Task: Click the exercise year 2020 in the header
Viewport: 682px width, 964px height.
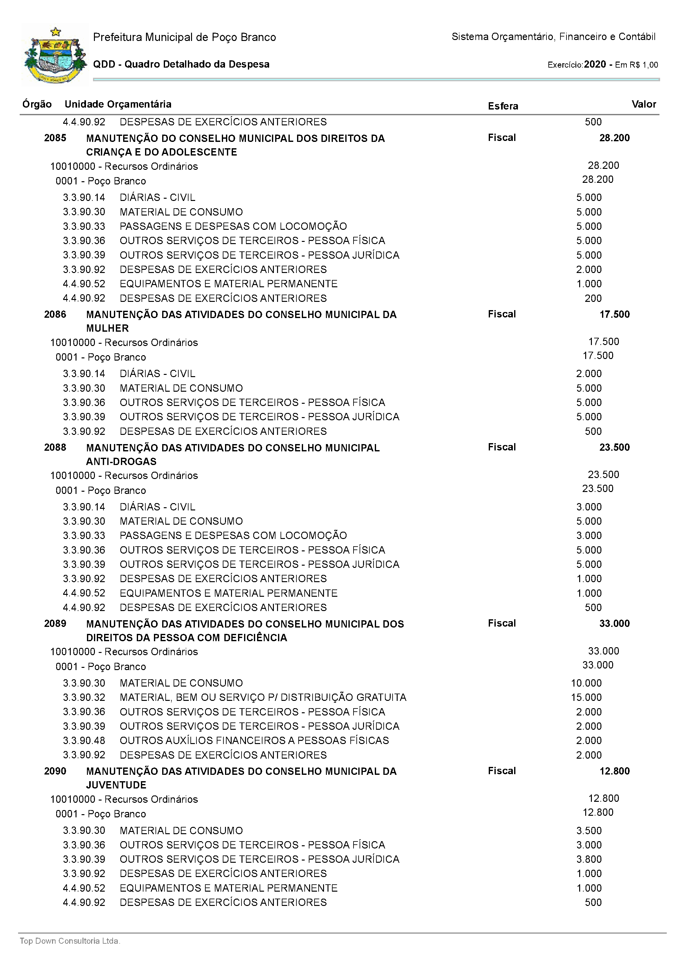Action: tap(595, 64)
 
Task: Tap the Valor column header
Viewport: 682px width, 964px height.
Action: tap(643, 104)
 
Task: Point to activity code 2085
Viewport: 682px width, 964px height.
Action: tap(55, 138)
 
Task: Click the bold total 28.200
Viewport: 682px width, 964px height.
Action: tap(614, 138)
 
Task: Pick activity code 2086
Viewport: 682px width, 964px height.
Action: tap(55, 314)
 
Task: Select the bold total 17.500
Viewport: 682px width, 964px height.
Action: tap(614, 314)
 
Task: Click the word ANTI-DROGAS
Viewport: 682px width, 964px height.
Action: tap(121, 461)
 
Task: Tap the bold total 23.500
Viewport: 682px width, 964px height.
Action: tap(614, 447)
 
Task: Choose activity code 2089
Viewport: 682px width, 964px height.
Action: tap(55, 623)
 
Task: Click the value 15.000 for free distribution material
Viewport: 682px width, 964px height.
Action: tap(586, 697)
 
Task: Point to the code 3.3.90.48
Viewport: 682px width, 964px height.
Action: tap(84, 740)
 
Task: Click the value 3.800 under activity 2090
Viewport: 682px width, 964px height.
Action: tap(589, 859)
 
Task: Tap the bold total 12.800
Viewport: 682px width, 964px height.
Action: tap(614, 771)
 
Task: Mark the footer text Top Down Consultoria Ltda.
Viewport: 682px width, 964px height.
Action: tap(70, 941)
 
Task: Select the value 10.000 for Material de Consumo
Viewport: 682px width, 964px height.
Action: tap(586, 683)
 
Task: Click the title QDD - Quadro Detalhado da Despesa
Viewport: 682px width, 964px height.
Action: tap(181, 64)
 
